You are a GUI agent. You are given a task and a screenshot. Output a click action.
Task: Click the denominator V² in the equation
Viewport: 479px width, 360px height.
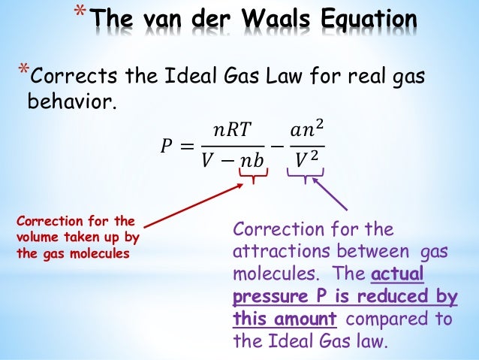306,160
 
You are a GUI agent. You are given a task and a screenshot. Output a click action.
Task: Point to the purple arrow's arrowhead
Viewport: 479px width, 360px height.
315,180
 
